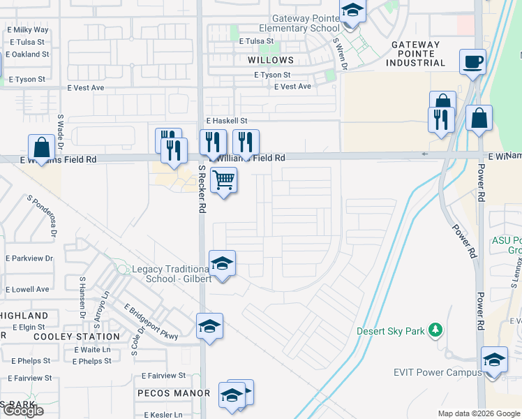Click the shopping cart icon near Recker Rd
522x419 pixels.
coord(223,180)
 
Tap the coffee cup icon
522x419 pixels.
coord(472,61)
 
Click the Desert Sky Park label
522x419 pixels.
coord(390,331)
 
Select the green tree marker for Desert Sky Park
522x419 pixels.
coord(435,329)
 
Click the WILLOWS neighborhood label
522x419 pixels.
coord(271,61)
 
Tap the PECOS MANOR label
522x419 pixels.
coord(173,393)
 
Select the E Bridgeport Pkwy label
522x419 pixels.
coord(151,322)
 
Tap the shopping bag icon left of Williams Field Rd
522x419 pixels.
coord(41,147)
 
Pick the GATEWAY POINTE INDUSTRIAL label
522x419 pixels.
coord(417,54)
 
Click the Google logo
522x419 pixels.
coord(22,411)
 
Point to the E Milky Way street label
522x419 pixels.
coord(28,30)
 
